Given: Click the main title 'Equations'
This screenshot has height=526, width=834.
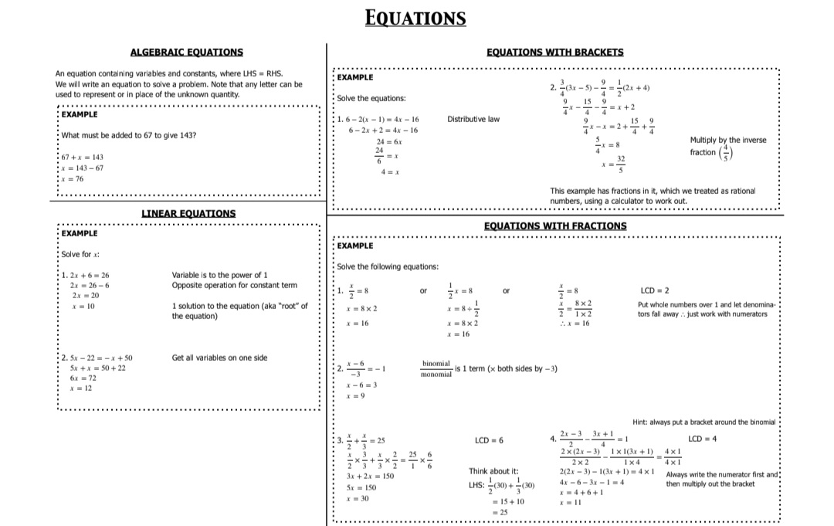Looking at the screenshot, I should [415, 18].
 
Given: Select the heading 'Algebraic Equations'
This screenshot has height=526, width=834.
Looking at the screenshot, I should [186, 53].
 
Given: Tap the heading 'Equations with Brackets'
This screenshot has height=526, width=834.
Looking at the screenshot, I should [555, 53].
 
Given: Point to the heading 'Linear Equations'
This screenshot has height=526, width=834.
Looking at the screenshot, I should [188, 213].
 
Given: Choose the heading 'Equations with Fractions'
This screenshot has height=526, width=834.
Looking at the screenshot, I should [555, 226].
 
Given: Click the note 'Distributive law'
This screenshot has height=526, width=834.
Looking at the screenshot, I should [473, 119].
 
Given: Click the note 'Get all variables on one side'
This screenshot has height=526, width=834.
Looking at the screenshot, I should [220, 358].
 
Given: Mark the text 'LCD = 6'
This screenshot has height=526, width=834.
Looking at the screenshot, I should [490, 440].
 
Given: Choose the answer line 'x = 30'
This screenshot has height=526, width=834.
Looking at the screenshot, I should [357, 499].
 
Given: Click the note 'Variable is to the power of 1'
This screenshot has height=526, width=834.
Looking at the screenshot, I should [219, 275].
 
